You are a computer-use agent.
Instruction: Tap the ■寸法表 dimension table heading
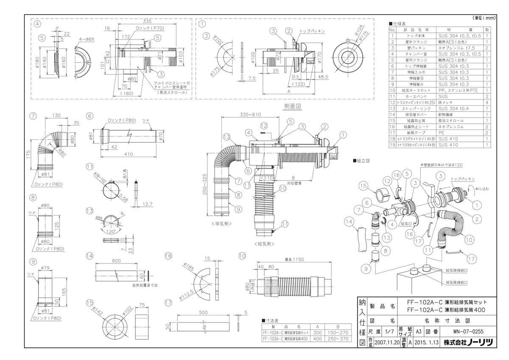click(271, 320)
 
